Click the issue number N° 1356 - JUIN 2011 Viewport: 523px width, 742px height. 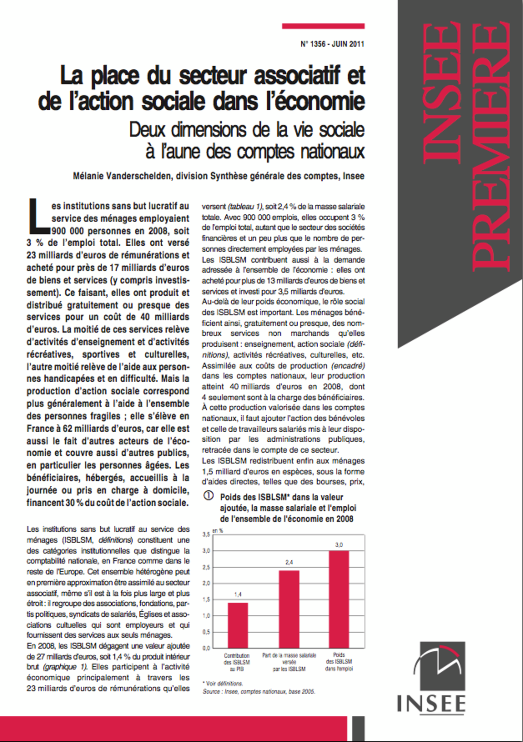pyautogui.click(x=332, y=44)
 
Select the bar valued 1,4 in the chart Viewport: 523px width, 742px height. pyautogui.click(x=238, y=625)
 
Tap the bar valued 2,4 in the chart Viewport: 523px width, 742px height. pyautogui.click(x=289, y=609)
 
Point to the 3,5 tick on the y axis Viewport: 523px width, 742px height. pyautogui.click(x=206, y=534)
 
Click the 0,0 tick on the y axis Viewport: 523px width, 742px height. pyautogui.click(x=206, y=648)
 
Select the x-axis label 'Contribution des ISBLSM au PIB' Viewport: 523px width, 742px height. pyautogui.click(x=237, y=662)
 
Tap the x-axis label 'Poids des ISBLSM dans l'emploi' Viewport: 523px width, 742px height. pyautogui.click(x=339, y=661)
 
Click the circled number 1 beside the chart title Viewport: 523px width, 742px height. pyautogui.click(x=209, y=496)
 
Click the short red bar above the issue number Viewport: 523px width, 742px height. pyautogui.click(x=323, y=26)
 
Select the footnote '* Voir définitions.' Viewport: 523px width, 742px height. pyautogui.click(x=223, y=683)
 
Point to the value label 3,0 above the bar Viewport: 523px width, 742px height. pyautogui.click(x=339, y=545)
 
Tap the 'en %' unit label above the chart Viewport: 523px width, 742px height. pyautogui.click(x=217, y=531)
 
